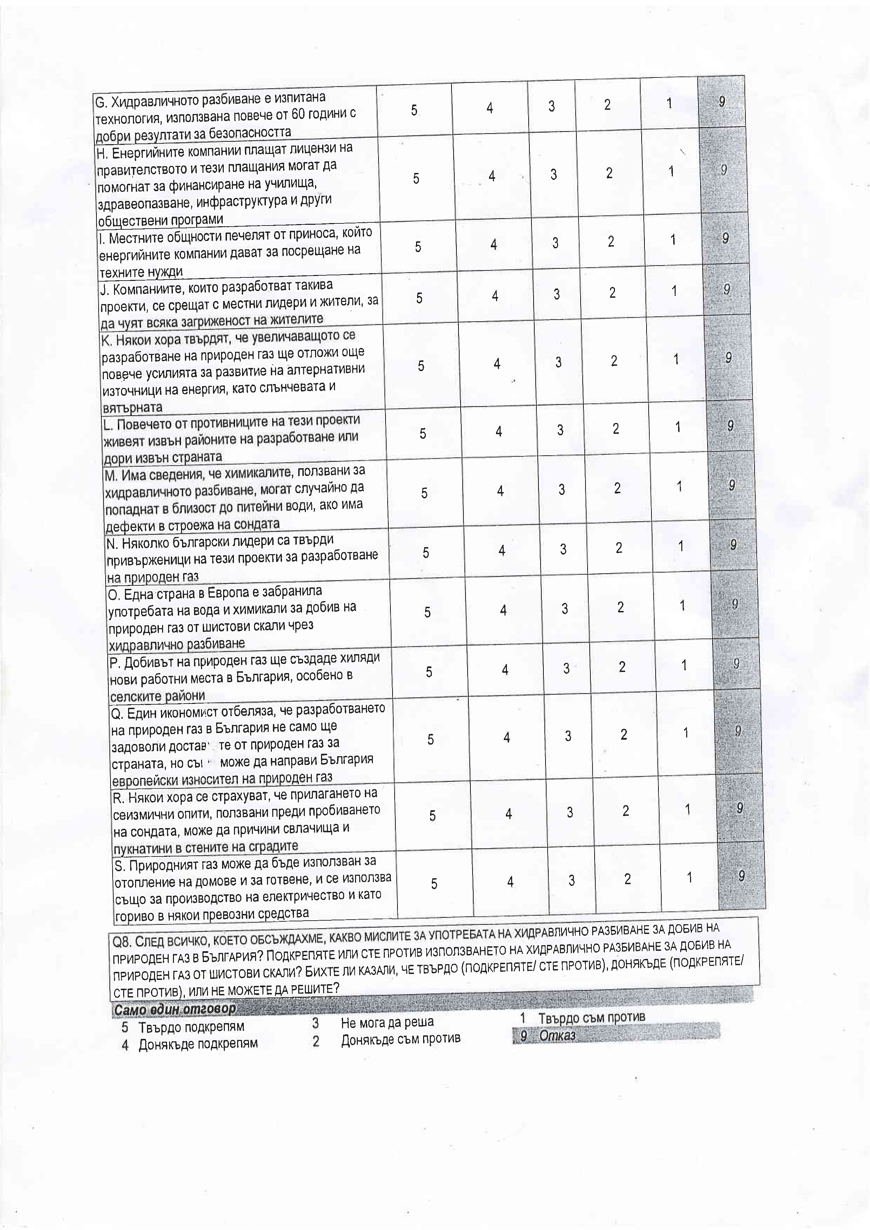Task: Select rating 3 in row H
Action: (x=553, y=174)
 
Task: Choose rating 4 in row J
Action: (x=495, y=296)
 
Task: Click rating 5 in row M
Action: (x=424, y=493)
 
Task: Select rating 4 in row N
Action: (x=502, y=550)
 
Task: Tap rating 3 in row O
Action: (x=565, y=609)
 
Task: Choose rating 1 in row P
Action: (x=684, y=665)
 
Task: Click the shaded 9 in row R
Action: (x=740, y=808)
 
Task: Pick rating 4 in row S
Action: (x=510, y=881)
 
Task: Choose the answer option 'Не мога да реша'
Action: (x=387, y=1023)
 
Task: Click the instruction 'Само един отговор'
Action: (x=175, y=1009)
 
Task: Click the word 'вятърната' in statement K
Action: (x=132, y=407)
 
